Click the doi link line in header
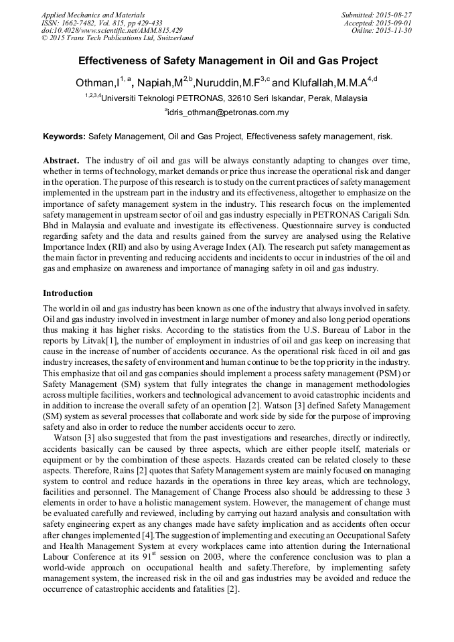tap(112, 31)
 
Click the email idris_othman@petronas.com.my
tap(228, 112)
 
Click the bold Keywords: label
tap(64, 137)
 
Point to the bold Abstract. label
tap(62, 161)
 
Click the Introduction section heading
tap(68, 293)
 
